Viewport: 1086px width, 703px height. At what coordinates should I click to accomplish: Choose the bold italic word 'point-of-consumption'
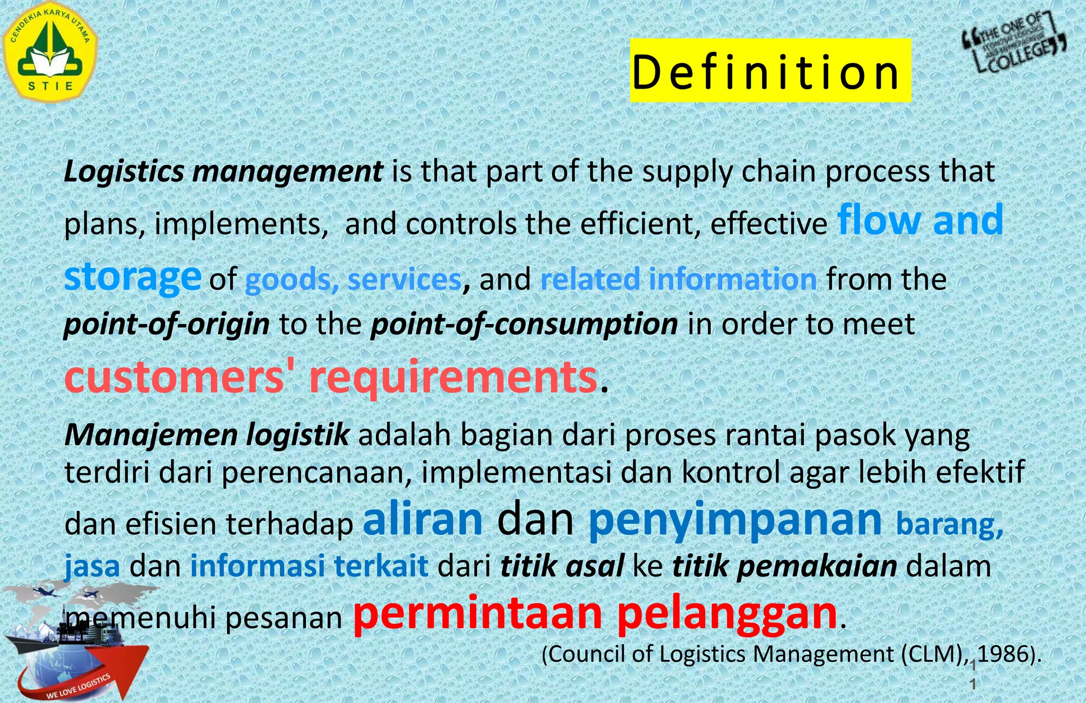point(524,324)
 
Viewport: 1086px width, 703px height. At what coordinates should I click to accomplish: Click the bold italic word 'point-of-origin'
point(167,324)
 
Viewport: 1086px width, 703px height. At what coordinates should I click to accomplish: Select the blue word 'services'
point(405,280)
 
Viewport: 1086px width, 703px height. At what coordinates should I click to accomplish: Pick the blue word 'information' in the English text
point(732,280)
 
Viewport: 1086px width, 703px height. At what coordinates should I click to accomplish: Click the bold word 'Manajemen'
point(151,435)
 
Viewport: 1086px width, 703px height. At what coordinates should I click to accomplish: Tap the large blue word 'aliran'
point(423,519)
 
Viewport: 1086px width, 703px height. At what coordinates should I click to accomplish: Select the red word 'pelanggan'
point(727,615)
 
